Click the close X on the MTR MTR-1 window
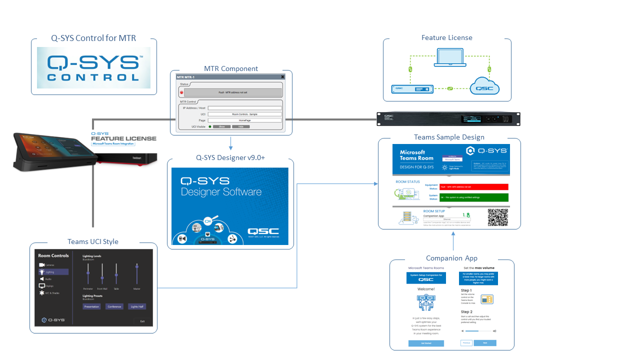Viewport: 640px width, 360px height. click(282, 77)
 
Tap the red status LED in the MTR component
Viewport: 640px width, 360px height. click(181, 93)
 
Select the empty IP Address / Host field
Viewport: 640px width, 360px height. click(244, 108)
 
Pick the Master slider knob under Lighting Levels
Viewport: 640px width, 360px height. click(136, 266)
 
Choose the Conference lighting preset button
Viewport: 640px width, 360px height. click(114, 306)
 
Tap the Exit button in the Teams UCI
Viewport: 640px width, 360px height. click(142, 321)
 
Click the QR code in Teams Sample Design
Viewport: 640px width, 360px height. click(497, 217)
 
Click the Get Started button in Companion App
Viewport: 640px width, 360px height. click(426, 343)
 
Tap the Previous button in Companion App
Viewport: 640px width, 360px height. click(466, 343)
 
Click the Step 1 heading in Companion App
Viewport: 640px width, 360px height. click(466, 290)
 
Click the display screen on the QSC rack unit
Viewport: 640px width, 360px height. click(472, 118)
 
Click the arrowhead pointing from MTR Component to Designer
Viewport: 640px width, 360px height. click(230, 148)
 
